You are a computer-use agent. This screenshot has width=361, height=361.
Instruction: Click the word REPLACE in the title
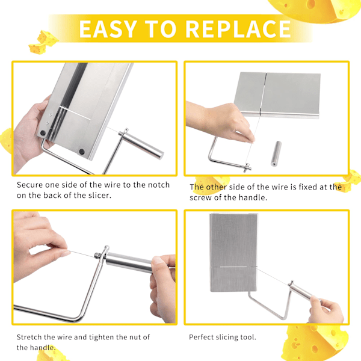pos(238,29)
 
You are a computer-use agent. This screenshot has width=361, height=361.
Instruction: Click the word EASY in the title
pos(108,29)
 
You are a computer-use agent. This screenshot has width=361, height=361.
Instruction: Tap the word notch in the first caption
pos(159,185)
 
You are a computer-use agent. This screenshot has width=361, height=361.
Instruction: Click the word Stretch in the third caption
pos(29,337)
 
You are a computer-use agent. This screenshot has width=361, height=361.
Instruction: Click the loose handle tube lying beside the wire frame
pos(276,153)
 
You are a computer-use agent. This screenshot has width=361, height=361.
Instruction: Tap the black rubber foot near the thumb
pos(43,133)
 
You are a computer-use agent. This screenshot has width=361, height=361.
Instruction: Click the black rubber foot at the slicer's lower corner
pos(82,152)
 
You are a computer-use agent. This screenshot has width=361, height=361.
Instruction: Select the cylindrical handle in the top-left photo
pos(141,144)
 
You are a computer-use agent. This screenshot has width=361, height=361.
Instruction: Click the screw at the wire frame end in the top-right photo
pos(247,167)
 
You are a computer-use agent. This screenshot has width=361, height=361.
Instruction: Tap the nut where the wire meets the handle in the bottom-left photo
pos(98,255)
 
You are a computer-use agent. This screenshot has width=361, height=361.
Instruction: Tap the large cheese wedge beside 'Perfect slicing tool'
pos(315,342)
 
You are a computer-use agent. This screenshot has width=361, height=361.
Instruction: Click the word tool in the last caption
pos(248,337)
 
